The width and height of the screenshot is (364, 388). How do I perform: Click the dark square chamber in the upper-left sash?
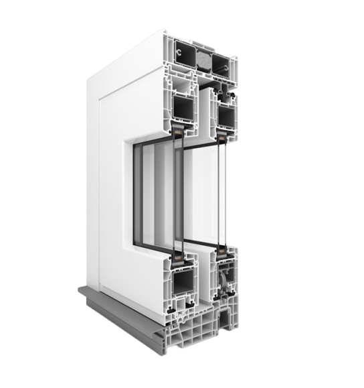[x=183, y=108]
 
